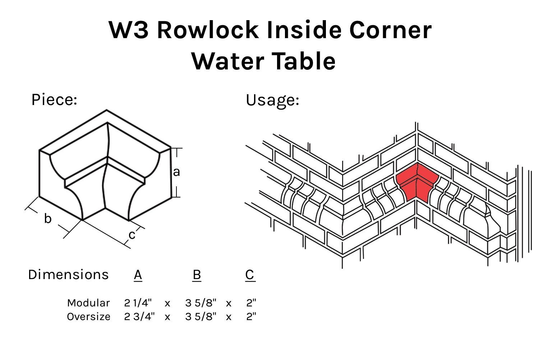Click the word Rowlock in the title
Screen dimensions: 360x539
[208, 30]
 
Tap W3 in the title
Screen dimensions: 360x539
[129, 30]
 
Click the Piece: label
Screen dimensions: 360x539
[54, 100]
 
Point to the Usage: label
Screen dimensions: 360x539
[272, 100]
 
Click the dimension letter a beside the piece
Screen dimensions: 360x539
[176, 172]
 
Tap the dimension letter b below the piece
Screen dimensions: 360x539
[48, 218]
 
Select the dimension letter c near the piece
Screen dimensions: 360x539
[132, 235]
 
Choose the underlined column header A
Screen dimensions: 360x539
[138, 275]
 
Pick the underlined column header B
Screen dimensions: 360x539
[197, 275]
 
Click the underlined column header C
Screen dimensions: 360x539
[250, 275]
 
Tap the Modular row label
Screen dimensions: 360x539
[88, 303]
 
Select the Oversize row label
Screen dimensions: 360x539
[88, 316]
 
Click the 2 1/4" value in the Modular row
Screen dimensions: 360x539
[138, 303]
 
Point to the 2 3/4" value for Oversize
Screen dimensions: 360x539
[139, 316]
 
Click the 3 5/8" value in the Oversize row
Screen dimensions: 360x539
[201, 316]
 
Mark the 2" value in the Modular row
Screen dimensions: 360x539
[251, 303]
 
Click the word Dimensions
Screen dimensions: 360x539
[68, 275]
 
